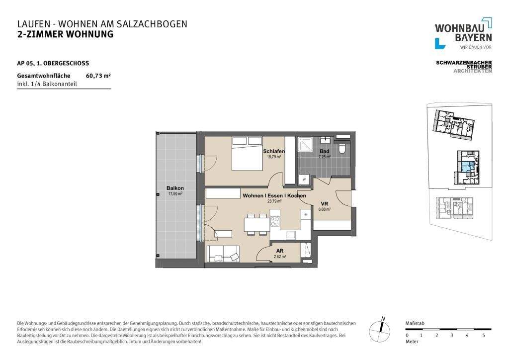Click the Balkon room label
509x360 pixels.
pyautogui.click(x=175, y=188)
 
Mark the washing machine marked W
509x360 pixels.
pyautogui.click(x=304, y=180)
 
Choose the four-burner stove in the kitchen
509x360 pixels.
pyautogui.click(x=275, y=222)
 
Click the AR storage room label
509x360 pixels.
pyautogui.click(x=280, y=251)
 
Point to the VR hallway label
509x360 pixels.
pyautogui.click(x=324, y=204)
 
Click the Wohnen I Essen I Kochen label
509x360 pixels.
pyautogui.click(x=274, y=196)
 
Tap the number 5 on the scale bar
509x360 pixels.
pyautogui.click(x=484, y=336)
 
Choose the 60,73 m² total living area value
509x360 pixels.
pyautogui.click(x=98, y=76)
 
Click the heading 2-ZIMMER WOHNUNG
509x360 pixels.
pyautogui.click(x=65, y=34)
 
